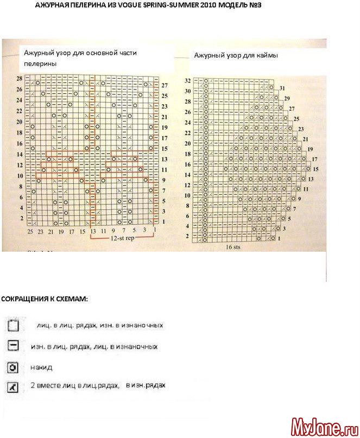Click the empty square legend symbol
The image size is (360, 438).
pos(14,326)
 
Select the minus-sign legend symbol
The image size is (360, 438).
pos(14,346)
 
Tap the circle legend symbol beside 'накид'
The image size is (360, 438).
pos(14,367)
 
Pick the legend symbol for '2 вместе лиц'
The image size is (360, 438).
pos(14,386)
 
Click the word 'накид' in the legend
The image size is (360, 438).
pos(41,367)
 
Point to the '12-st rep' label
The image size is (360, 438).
pos(122,238)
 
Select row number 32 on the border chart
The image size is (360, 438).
pos(187,81)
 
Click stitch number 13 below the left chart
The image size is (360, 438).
pos(93,232)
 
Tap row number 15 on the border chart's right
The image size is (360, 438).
pos(315,169)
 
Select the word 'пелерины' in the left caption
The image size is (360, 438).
pos(40,64)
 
